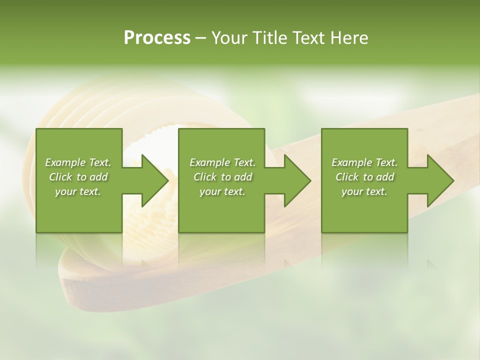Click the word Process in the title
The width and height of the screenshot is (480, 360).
pyautogui.click(x=157, y=38)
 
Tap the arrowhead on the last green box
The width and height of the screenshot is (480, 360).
pyautogui.click(x=439, y=180)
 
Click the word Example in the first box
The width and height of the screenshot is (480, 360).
pyautogui.click(x=65, y=162)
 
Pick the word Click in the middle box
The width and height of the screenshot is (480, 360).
pyautogui.click(x=204, y=177)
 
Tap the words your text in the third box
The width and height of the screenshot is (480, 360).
pyautogui.click(x=364, y=191)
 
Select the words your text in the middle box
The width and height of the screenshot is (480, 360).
pyautogui.click(x=222, y=191)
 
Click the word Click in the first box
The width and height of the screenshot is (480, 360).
pyautogui.click(x=60, y=177)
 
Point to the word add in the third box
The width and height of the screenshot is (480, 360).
pyautogui.click(x=385, y=177)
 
